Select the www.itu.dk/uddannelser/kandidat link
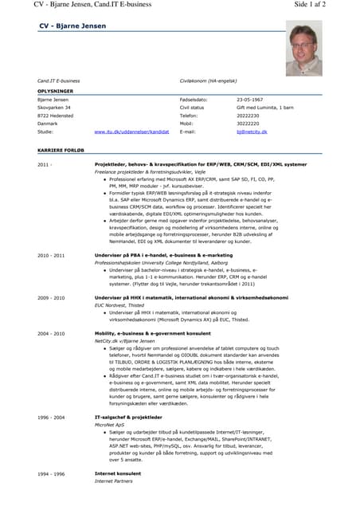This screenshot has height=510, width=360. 131,131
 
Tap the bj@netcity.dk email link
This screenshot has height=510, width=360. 252,131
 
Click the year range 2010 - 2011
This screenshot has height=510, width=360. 51,255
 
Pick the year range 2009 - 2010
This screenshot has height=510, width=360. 51,297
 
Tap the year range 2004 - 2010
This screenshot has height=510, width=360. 51,333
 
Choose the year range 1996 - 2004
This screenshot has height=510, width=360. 51,417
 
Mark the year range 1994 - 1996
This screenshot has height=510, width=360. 51,474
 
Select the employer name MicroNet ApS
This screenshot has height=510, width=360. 114,424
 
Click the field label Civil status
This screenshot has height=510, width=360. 192,107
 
